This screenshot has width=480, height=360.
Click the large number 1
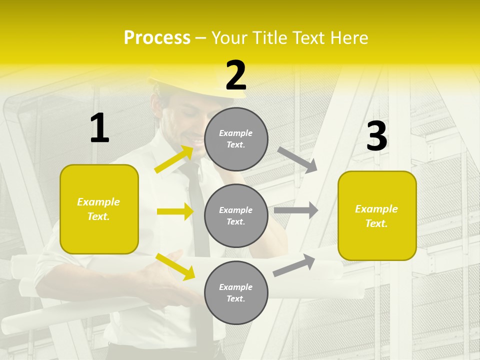99,128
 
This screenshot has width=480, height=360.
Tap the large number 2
236,76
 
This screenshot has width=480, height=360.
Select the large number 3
376,136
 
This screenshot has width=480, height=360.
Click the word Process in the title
157,37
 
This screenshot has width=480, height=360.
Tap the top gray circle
236,139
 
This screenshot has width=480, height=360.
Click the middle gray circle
236,215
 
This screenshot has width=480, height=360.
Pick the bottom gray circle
236,292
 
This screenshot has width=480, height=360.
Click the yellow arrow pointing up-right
174,159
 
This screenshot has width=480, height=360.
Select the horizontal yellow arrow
175,211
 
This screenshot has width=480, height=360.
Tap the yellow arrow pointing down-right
175,266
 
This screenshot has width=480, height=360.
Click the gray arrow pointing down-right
297,159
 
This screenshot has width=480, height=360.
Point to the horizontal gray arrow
296,210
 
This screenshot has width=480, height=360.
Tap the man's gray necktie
197,210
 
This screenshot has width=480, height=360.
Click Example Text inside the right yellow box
376,216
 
